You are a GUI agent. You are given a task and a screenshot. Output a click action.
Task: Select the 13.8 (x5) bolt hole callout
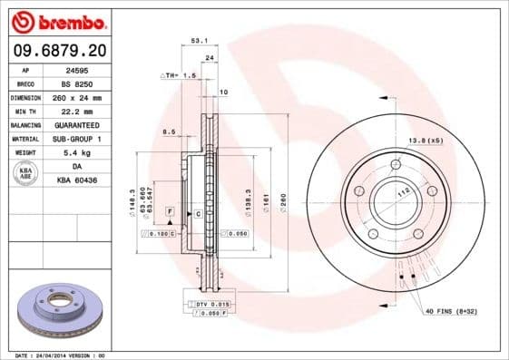(x=426, y=141)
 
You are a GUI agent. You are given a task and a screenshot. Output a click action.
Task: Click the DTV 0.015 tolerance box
(x=210, y=303)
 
